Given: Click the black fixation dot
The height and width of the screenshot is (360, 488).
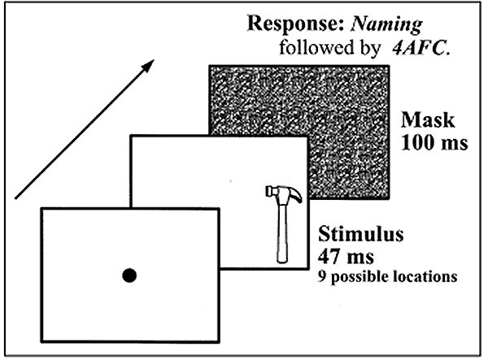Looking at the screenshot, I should click(129, 276).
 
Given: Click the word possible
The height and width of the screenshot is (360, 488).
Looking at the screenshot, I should click(359, 278).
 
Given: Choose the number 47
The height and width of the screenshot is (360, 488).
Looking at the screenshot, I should click(325, 259).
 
